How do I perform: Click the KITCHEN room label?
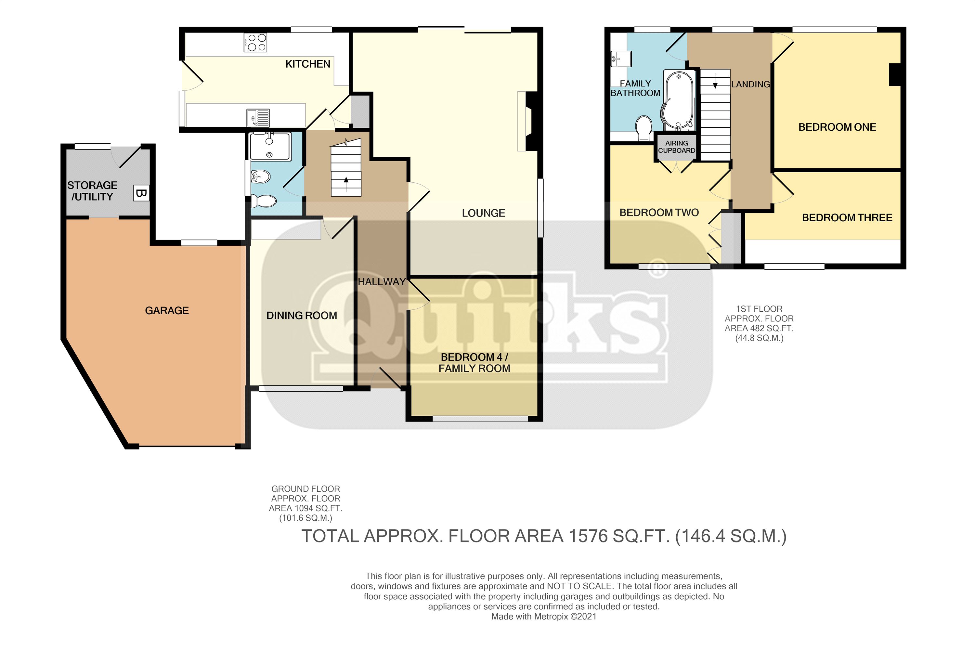307,64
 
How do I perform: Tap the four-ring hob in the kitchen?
256,43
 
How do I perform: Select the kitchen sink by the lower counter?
258,118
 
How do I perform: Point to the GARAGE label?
167,310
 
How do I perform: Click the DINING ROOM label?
301,316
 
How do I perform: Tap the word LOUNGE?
483,213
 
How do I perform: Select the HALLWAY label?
381,282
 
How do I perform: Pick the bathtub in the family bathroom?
679,100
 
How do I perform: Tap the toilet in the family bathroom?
644,128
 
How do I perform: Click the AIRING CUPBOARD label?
677,147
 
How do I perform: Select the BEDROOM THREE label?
847,218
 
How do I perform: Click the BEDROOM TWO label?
659,213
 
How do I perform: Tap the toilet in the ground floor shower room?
264,201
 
